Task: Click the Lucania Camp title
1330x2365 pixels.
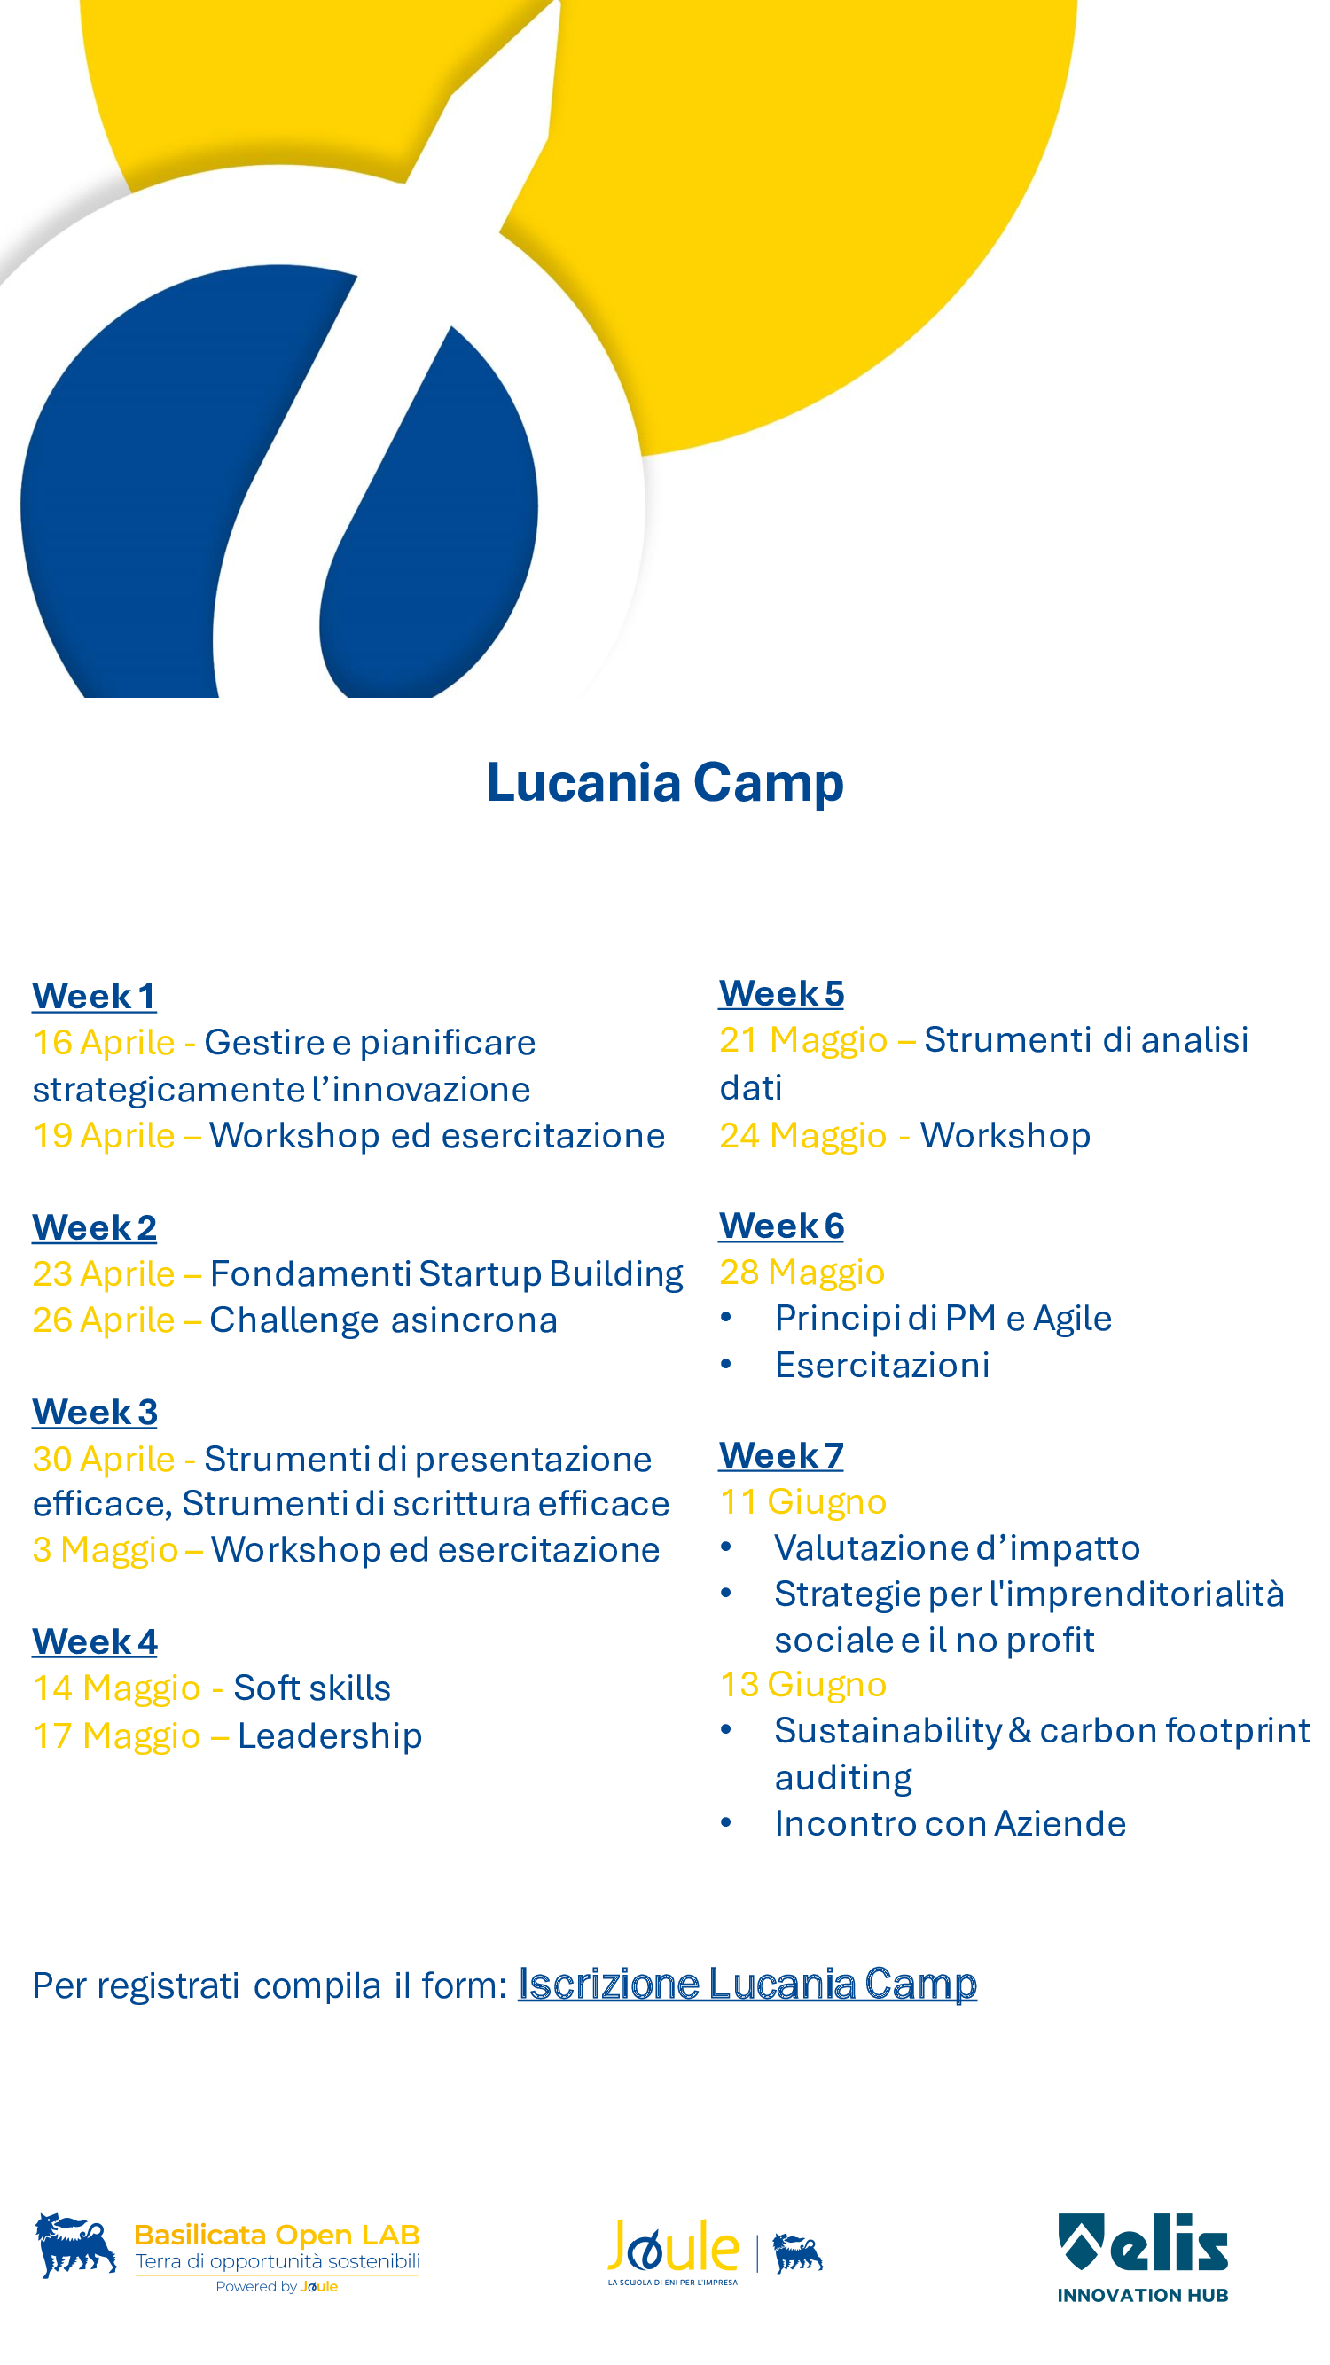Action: [x=664, y=783]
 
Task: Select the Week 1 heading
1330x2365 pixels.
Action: [x=95, y=996]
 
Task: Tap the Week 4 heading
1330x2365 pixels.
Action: [x=95, y=1641]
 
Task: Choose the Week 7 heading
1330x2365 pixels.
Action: [x=781, y=1455]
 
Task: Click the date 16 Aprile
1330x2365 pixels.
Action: [x=104, y=1043]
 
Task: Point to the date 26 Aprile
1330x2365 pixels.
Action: [x=104, y=1320]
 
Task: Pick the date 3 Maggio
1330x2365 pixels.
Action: [x=106, y=1550]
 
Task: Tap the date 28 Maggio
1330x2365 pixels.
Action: [x=802, y=1273]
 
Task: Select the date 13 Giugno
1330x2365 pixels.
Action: [x=803, y=1685]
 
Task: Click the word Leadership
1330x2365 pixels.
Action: [x=331, y=1735]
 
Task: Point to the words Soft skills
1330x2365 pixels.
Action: [x=312, y=1688]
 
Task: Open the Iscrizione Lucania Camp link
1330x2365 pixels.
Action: [x=747, y=1984]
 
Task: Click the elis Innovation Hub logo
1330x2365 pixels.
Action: [x=1143, y=2258]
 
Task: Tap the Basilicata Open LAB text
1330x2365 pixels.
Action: [x=278, y=2235]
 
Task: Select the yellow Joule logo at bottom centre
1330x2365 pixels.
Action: [x=674, y=2251]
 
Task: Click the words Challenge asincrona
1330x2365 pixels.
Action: [x=384, y=1320]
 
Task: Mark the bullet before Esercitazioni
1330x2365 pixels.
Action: [x=726, y=1364]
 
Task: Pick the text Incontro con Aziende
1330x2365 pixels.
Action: [x=950, y=1823]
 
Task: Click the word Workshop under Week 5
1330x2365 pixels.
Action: [x=1005, y=1136]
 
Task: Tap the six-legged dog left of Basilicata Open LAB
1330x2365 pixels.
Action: [x=75, y=2245]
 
